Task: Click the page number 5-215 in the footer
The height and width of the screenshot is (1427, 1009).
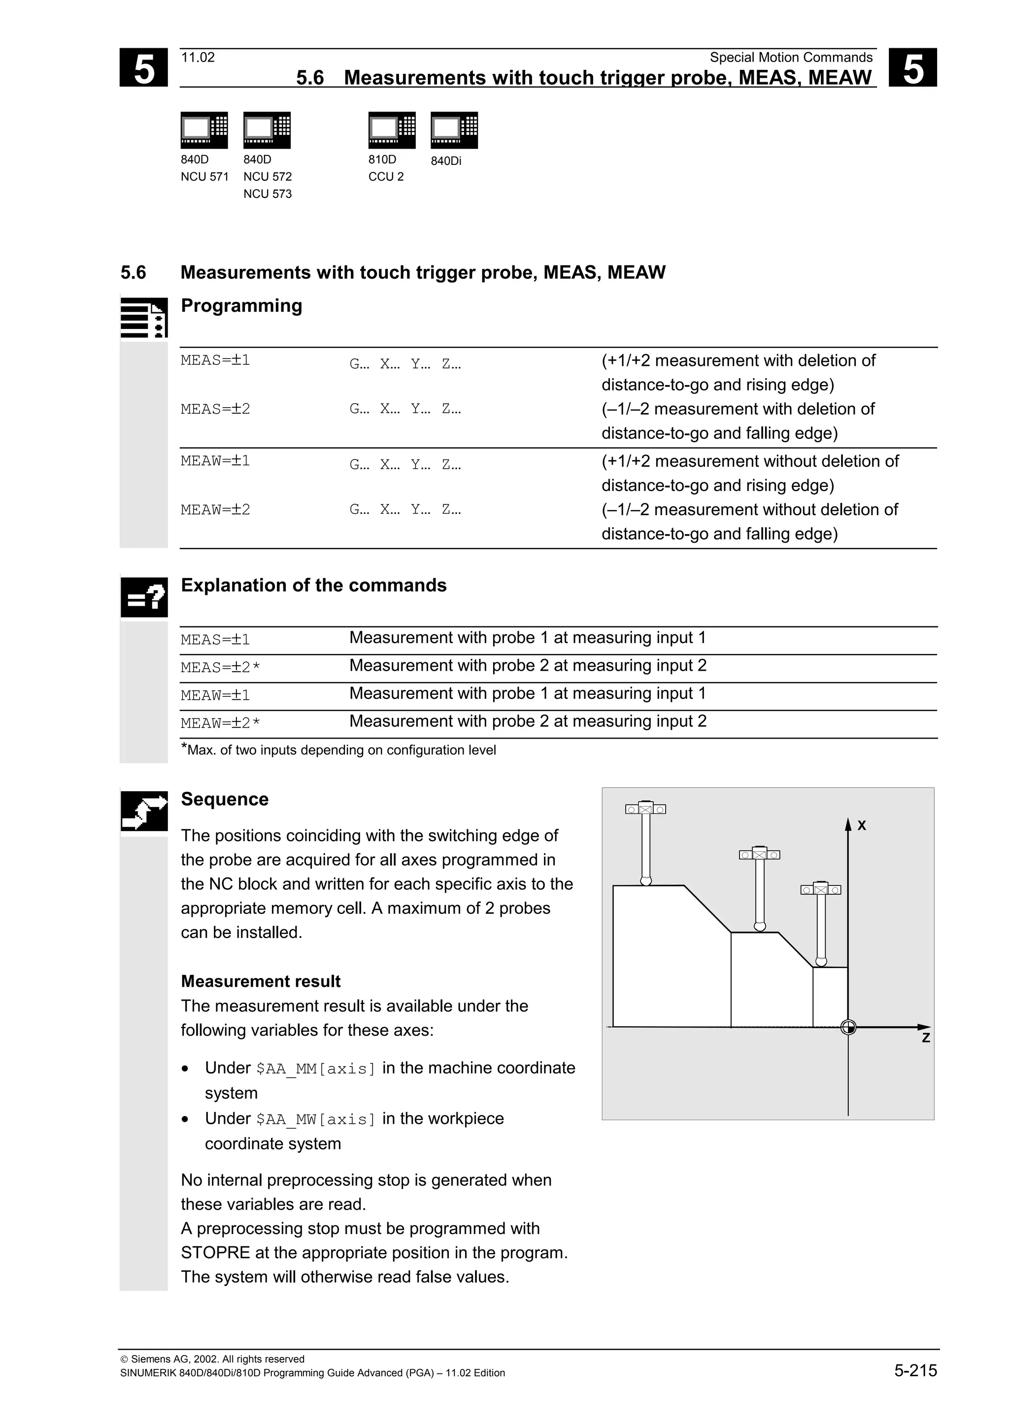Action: (x=915, y=1370)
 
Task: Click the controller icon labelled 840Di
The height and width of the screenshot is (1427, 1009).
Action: (x=454, y=130)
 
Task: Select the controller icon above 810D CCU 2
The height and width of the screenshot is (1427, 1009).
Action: (x=392, y=130)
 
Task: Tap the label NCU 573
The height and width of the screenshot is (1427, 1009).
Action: (x=268, y=194)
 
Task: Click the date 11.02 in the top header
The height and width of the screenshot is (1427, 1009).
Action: (x=198, y=58)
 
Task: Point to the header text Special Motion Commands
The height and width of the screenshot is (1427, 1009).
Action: (x=791, y=58)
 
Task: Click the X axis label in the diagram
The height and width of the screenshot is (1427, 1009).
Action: (x=862, y=826)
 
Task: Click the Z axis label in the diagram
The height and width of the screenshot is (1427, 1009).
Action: (x=926, y=1038)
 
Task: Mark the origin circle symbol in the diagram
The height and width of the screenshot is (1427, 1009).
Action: (x=848, y=1027)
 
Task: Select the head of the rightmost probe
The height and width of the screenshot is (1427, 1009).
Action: (x=821, y=889)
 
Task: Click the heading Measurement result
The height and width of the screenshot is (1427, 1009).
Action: (x=261, y=981)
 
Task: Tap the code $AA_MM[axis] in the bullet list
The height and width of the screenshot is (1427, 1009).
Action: (x=316, y=1069)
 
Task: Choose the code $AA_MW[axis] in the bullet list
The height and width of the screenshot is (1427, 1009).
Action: (x=316, y=1119)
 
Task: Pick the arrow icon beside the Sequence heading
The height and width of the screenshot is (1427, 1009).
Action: (x=144, y=811)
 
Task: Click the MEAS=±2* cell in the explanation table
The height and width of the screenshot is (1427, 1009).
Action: (x=220, y=668)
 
